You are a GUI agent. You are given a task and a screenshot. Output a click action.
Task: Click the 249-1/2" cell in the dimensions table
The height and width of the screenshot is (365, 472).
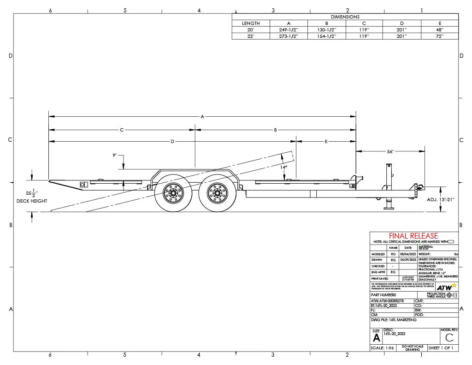pyautogui.click(x=289, y=30)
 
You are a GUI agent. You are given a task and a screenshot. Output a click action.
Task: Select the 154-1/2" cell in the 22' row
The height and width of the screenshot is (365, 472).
pyautogui.click(x=326, y=36)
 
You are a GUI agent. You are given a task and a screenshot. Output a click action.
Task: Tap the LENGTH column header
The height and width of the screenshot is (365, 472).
pyautogui.click(x=251, y=23)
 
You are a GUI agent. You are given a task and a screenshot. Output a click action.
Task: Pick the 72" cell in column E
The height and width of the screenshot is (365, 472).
pyautogui.click(x=440, y=36)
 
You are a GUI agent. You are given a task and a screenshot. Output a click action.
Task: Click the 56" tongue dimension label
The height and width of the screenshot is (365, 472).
pyautogui.click(x=390, y=151)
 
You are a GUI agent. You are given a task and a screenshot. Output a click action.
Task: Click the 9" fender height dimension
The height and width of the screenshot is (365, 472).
pyautogui.click(x=114, y=156)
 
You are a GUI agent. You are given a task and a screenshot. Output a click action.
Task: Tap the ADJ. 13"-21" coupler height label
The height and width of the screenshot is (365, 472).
pyautogui.click(x=441, y=199)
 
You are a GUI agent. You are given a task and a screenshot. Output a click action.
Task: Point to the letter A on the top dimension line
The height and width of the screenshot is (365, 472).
pyautogui.click(x=202, y=116)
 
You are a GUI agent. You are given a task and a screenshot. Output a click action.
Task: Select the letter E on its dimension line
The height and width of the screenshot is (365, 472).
pyautogui.click(x=326, y=141)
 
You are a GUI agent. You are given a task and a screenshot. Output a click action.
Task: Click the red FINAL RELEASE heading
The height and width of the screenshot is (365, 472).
pyautogui.click(x=413, y=236)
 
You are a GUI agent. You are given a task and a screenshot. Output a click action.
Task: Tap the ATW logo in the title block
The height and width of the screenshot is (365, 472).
pyautogui.click(x=446, y=287)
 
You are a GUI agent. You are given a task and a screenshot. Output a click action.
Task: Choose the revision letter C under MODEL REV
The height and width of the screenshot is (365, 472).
pyautogui.click(x=449, y=337)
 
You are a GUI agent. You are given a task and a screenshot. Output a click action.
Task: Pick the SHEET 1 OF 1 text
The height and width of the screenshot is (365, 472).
pyautogui.click(x=441, y=348)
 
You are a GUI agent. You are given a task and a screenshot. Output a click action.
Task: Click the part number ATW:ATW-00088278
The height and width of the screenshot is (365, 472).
pyautogui.click(x=387, y=300)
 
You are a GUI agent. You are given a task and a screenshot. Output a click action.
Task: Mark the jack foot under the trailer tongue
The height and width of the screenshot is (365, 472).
pyautogui.click(x=388, y=207)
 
